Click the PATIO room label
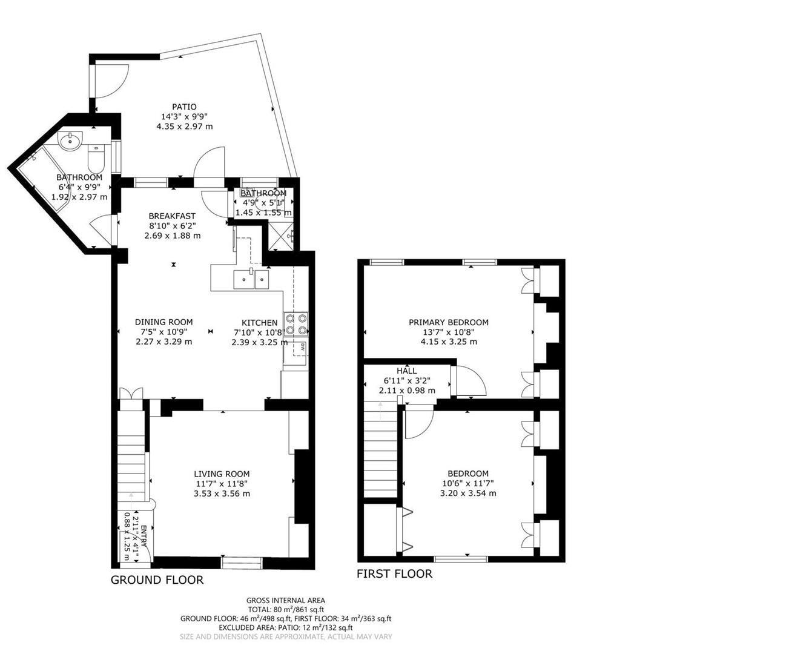pos(184,107)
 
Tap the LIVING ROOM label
pos(222,474)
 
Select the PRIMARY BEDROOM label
pos(448,322)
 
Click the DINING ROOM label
pos(163,322)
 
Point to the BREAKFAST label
pos(172,216)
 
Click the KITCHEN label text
pos(259,323)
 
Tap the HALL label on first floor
pos(406,371)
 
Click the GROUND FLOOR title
pos(157,580)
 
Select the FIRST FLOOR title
pos(394,574)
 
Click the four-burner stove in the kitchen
pos(296,324)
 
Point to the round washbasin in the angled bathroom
pos(70,141)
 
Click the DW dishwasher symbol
pos(301,348)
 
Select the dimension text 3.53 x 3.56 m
pos(222,494)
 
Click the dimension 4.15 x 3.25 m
pos(448,342)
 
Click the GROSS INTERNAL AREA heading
pos(285,600)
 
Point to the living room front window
pos(242,563)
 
